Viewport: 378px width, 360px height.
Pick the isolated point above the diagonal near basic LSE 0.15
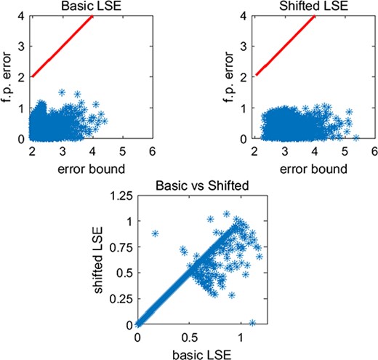[x=155, y=233]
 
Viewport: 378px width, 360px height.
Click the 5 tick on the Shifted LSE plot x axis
[x=343, y=151]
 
